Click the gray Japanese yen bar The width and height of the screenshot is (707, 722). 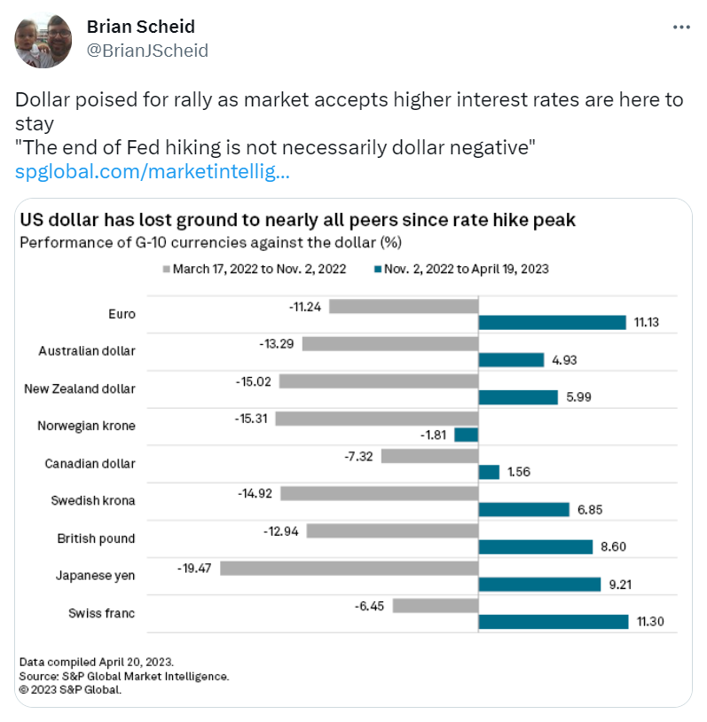[x=349, y=568]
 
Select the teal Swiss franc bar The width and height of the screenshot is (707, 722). [x=553, y=622]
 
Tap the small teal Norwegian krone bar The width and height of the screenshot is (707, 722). [x=466, y=435]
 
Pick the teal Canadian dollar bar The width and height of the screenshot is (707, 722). [x=489, y=473]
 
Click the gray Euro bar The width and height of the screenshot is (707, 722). [x=403, y=306]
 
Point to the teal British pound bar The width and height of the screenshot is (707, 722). [x=535, y=546]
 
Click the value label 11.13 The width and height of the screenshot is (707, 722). [x=648, y=323]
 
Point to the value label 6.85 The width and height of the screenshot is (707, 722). [x=589, y=509]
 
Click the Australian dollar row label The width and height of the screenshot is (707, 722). [x=87, y=350]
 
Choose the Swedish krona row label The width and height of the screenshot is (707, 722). [x=93, y=500]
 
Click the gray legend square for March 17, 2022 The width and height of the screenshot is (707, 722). [x=165, y=269]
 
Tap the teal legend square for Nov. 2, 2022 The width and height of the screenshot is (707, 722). [x=376, y=269]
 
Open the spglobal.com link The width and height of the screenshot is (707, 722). [x=152, y=171]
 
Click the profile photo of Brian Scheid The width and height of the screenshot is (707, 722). [x=43, y=42]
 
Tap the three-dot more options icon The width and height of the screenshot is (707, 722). [x=681, y=27]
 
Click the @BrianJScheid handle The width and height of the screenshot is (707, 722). [x=147, y=51]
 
